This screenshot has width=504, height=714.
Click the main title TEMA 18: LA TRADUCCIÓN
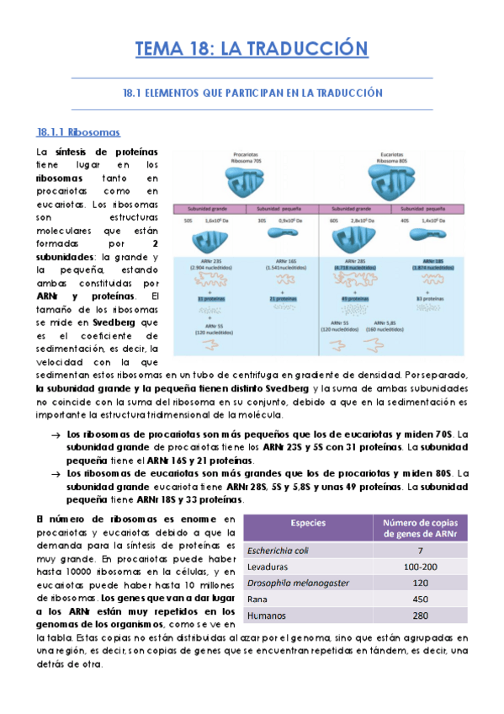point(252,49)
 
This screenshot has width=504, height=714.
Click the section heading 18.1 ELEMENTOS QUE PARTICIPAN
point(252,93)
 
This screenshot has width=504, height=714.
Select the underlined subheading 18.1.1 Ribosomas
point(79,133)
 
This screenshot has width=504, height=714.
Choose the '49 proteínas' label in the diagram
point(352,297)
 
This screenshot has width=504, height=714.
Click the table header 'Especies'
point(308,523)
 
